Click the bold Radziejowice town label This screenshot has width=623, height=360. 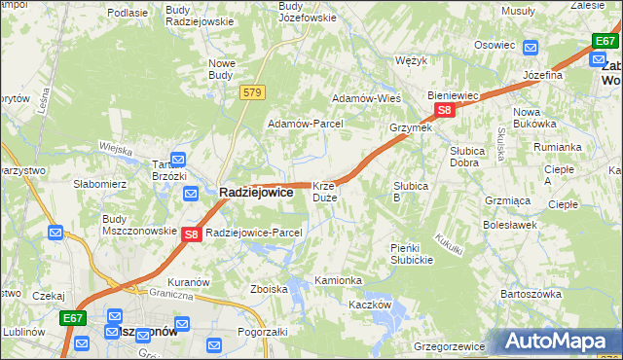pos(255,193)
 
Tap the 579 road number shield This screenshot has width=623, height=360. pos(253,91)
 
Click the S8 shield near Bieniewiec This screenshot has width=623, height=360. pos(444,111)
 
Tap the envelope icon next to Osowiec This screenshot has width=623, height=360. pos(531,47)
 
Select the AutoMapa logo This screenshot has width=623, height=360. pos(559,342)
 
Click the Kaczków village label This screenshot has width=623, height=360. pos(370,305)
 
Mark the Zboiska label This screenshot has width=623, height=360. pos(268,289)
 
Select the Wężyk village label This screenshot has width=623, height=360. pos(413,60)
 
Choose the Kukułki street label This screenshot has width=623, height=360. pos(449,244)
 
